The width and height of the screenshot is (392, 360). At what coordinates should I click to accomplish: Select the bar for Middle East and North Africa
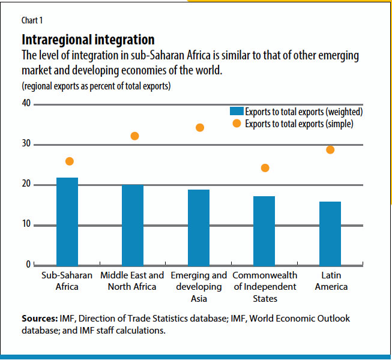tap(133, 224)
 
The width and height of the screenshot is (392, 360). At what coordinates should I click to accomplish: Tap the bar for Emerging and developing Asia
tap(199, 227)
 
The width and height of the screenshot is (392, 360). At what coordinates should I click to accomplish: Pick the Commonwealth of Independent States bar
tap(264, 230)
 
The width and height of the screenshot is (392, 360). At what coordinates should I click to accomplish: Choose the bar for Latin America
tap(330, 233)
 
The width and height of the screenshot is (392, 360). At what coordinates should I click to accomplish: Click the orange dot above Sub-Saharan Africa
tap(70, 161)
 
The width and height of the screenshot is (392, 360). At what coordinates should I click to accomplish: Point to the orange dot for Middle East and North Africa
tap(134, 136)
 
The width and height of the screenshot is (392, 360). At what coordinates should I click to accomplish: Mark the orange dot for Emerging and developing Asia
tap(200, 128)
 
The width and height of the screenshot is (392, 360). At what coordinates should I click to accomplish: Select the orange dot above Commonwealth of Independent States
tap(265, 168)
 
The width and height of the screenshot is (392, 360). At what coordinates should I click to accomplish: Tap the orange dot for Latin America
tap(330, 149)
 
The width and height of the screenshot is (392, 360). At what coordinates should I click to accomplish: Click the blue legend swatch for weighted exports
tap(236, 112)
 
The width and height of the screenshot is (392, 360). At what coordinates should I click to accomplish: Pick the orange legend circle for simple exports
tap(237, 124)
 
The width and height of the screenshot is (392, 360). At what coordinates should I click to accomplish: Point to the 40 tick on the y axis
tap(26, 104)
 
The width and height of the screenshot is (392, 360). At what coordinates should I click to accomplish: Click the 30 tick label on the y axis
tap(26, 145)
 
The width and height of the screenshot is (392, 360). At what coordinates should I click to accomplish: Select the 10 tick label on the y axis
tap(26, 225)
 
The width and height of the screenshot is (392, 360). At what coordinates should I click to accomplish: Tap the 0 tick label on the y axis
tap(28, 265)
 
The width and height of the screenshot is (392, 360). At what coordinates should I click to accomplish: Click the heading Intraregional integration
tap(88, 40)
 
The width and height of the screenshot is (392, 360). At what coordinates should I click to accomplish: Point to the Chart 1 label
tap(33, 21)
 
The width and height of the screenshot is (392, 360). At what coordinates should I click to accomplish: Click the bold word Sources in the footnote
tap(39, 318)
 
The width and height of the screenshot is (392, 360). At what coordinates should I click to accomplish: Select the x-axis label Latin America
tap(331, 281)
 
